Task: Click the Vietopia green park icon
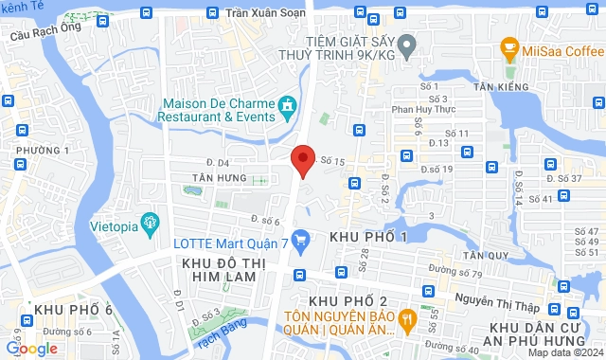pyautogui.click(x=148, y=223)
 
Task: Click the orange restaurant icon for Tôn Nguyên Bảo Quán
pyautogui.click(x=407, y=318)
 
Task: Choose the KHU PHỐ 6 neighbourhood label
pyautogui.click(x=73, y=310)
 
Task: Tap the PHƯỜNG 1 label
pyautogui.click(x=43, y=150)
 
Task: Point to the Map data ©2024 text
pyautogui.click(x=564, y=352)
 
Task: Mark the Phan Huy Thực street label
pyautogui.click(x=417, y=109)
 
